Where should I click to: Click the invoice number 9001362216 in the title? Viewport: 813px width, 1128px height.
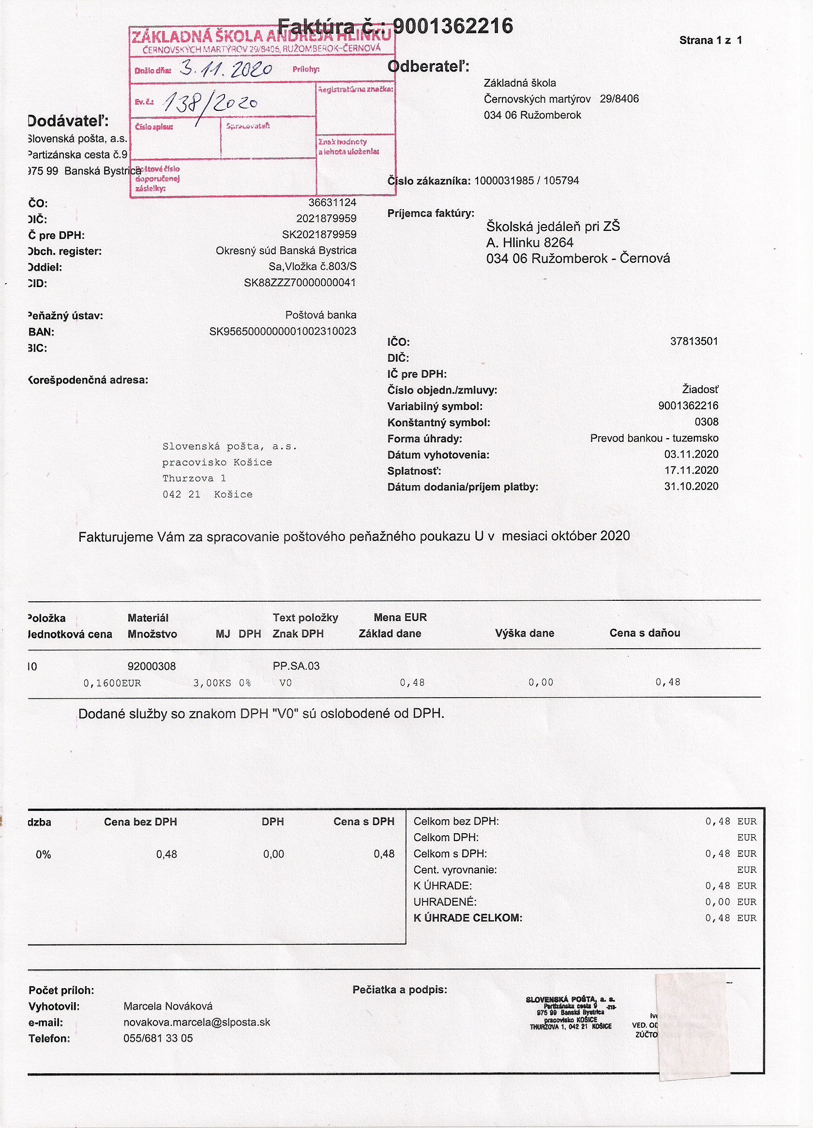452,26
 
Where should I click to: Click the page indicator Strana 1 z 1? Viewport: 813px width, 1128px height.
710,40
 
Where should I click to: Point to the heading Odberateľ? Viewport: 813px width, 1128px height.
428,66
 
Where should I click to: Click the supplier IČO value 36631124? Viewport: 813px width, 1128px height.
332,202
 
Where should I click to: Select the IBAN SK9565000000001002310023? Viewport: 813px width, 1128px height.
283,331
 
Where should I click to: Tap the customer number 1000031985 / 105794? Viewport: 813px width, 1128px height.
527,181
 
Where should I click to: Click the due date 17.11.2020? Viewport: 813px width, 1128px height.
691,470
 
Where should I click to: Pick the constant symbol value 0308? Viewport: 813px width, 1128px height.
706,422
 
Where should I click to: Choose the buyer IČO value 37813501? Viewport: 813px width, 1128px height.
693,341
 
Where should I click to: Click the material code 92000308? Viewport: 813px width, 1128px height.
151,666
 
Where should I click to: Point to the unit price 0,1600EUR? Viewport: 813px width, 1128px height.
112,684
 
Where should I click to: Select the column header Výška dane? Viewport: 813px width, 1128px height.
525,633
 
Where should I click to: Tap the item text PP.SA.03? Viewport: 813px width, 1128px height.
296,666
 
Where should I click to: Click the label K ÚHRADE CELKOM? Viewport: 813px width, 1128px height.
468,917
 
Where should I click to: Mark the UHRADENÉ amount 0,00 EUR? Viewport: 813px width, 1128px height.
730,902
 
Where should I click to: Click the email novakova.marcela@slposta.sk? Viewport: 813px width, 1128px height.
197,1022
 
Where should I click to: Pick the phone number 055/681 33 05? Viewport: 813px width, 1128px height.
158,1038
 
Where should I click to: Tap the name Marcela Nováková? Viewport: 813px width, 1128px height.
168,1006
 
